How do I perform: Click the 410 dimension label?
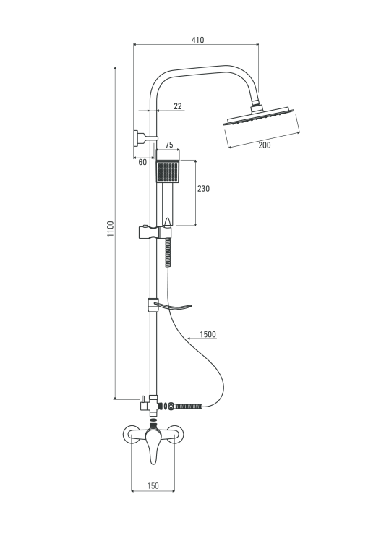(197, 40)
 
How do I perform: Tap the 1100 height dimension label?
(111, 229)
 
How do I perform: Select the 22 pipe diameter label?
(178, 106)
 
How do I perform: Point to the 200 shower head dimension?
(265, 145)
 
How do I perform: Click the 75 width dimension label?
(169, 145)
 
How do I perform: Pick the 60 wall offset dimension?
(142, 162)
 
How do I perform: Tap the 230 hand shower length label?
(203, 189)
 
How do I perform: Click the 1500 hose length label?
(208, 334)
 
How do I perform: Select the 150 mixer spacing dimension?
(153, 485)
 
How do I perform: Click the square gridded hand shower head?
(168, 171)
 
